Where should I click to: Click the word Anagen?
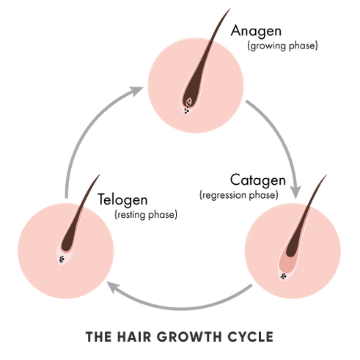256,32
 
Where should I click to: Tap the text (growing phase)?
282,46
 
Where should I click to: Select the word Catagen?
258,180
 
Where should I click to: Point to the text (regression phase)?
239,195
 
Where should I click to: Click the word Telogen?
122,199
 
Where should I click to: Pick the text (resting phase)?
146,215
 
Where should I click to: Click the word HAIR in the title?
134,337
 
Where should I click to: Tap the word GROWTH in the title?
189,337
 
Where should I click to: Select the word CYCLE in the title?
251,337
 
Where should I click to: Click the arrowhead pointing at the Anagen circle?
136,90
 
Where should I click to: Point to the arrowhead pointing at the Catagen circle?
296,192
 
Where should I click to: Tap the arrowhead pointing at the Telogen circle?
113,287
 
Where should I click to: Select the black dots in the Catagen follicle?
284,276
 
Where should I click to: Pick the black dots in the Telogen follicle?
62,260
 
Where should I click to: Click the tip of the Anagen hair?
230,9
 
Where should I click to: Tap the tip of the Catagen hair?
327,175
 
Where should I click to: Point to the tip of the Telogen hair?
100,174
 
